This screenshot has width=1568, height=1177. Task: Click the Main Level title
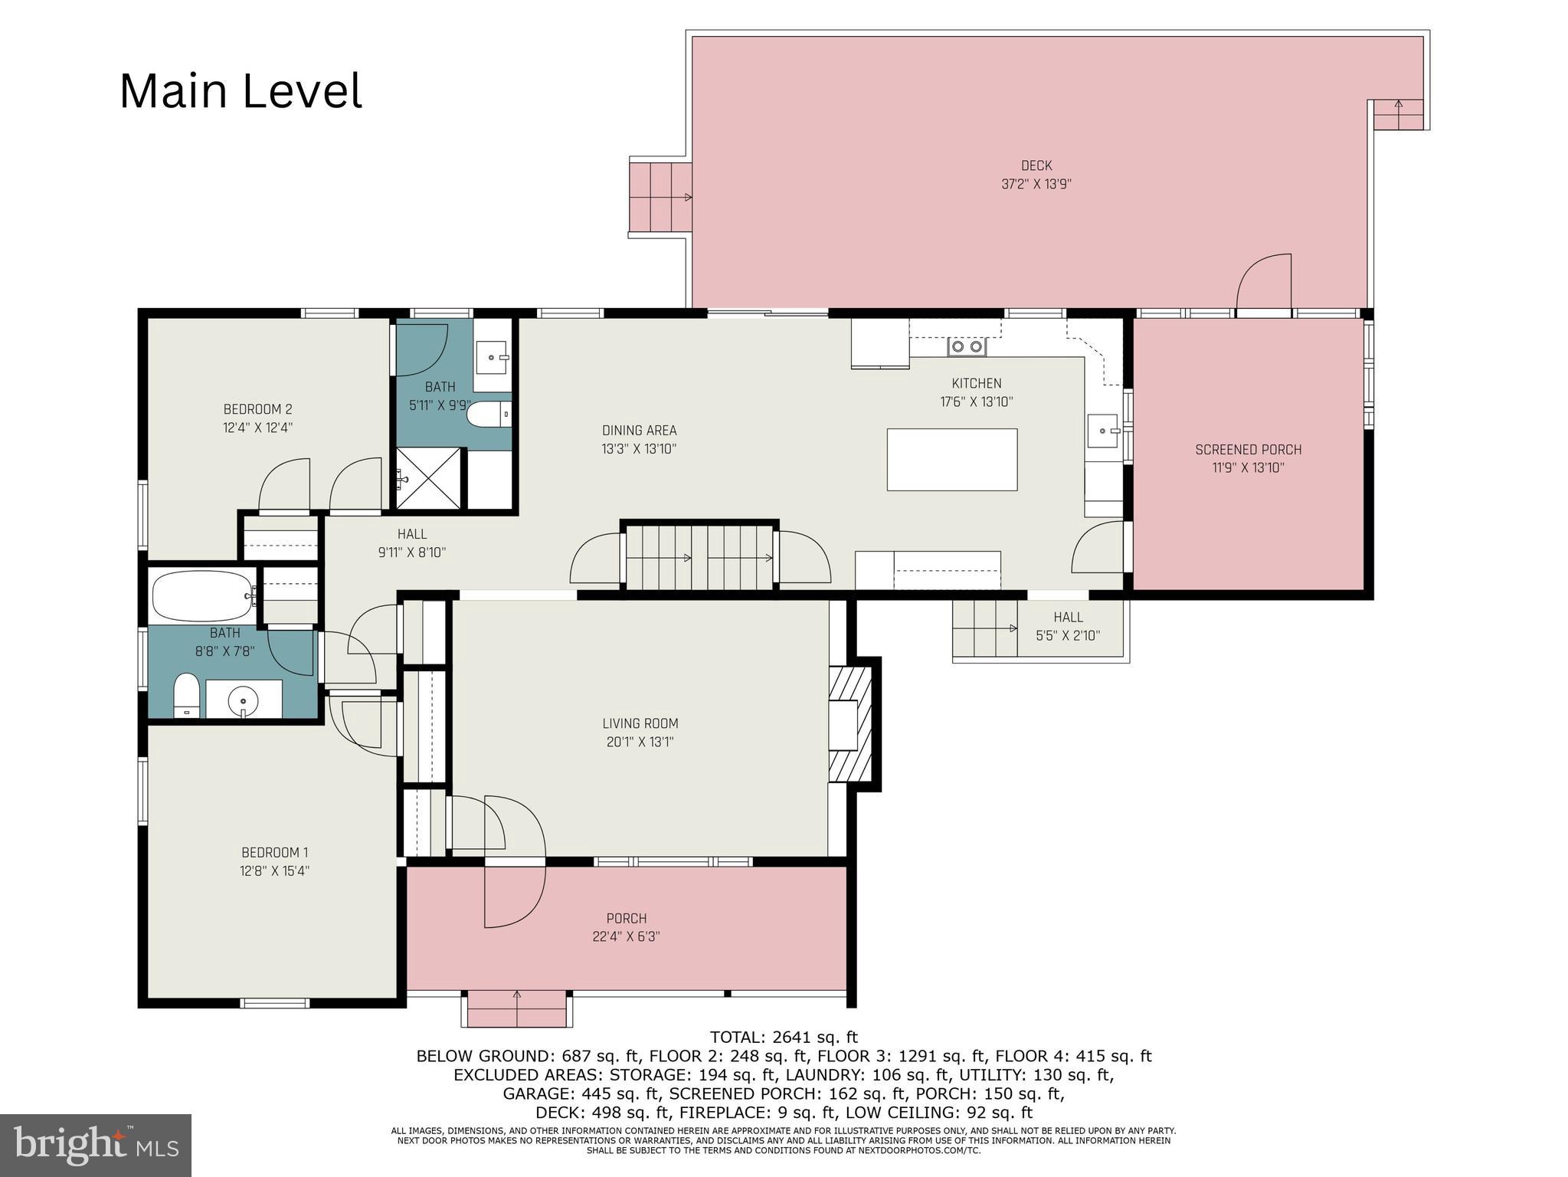tap(241, 91)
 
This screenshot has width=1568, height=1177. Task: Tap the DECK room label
tap(1036, 166)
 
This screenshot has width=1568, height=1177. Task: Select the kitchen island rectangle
tap(951, 460)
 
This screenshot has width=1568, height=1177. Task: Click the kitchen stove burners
tap(967, 347)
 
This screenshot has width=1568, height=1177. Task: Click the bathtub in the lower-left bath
tap(203, 596)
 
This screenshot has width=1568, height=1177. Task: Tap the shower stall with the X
tap(429, 478)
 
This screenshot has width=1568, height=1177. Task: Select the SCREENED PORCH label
tap(1248, 450)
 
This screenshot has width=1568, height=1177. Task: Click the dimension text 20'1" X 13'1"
tap(640, 742)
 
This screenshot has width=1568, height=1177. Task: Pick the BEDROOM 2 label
tap(257, 409)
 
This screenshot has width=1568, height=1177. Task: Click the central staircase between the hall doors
tap(699, 557)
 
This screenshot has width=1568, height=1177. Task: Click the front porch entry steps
tap(517, 1008)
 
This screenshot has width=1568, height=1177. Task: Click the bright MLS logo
tap(96, 1146)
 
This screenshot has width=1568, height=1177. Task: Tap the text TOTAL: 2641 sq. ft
tap(784, 1038)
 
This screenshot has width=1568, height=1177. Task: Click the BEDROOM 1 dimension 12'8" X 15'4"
tap(274, 871)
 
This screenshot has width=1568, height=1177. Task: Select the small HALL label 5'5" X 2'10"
tap(1068, 635)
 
